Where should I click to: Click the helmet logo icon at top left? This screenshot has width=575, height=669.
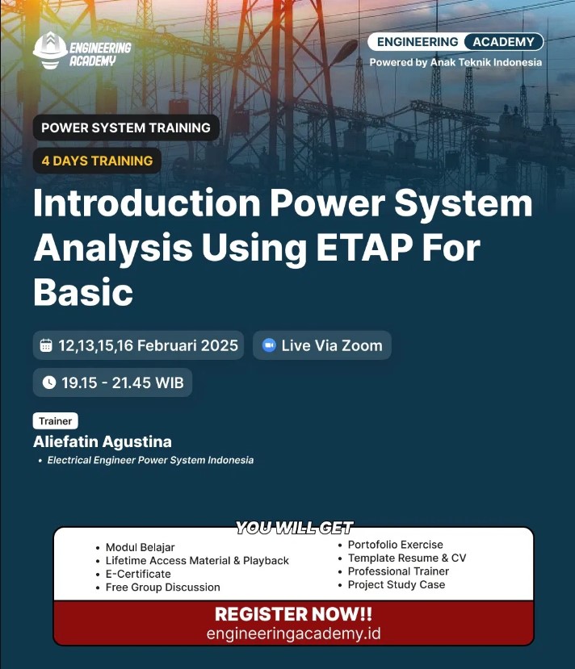[50, 50]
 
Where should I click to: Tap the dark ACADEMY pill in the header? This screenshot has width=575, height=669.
[504, 42]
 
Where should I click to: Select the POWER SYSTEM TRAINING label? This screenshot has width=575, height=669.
[126, 128]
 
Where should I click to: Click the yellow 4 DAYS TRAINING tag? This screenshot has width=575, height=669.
[97, 161]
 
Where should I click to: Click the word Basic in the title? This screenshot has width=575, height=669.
[83, 292]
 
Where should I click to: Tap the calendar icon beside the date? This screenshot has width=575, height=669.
[46, 345]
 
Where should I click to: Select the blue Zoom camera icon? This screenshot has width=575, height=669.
[269, 345]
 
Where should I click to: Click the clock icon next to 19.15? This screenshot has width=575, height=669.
[49, 383]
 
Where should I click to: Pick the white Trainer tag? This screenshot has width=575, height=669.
[56, 421]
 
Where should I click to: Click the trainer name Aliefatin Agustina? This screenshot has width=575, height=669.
[103, 441]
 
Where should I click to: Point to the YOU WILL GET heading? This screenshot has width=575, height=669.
[295, 528]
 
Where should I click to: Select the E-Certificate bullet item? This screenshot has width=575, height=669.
[138, 574]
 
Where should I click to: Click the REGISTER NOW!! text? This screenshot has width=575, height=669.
[294, 614]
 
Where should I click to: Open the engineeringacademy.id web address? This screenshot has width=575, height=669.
[294, 633]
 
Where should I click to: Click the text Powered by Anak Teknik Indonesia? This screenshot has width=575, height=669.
[455, 62]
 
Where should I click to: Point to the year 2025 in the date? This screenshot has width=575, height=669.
[220, 345]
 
